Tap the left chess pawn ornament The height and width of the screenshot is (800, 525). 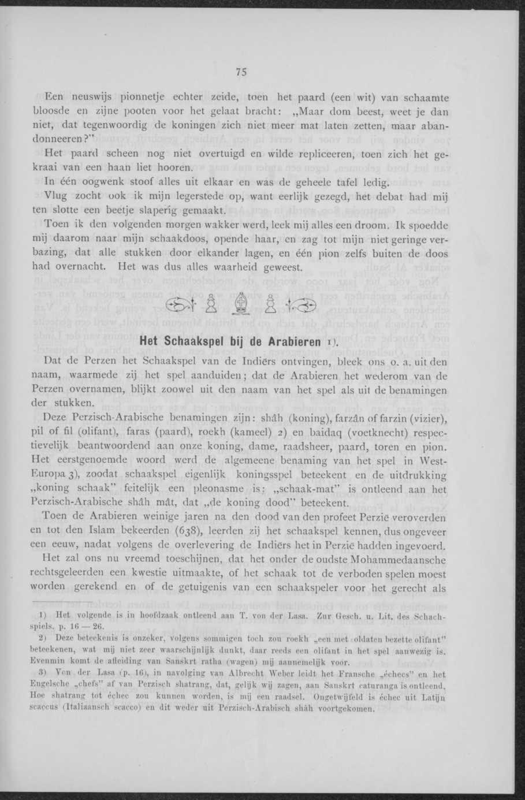click(212, 305)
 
